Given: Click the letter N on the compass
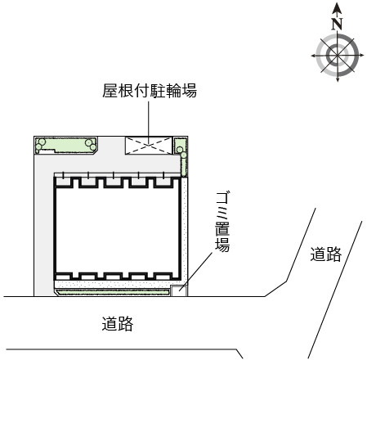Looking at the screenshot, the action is [337, 24].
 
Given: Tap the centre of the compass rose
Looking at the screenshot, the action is [338, 56].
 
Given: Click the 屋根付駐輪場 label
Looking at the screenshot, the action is [150, 91].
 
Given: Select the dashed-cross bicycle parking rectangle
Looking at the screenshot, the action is [149, 145].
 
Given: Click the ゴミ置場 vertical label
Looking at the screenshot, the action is [222, 222].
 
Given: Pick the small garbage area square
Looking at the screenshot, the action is [179, 291].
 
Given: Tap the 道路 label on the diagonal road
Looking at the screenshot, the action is [325, 254].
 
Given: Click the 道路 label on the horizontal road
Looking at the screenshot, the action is [118, 323].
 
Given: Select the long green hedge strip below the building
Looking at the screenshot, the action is [112, 292].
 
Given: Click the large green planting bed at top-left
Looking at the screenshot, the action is [66, 145].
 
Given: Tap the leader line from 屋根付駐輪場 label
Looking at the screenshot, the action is [149, 123].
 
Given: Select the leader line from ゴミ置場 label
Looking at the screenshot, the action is [195, 272].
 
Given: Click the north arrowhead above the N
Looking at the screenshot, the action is [338, 8].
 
